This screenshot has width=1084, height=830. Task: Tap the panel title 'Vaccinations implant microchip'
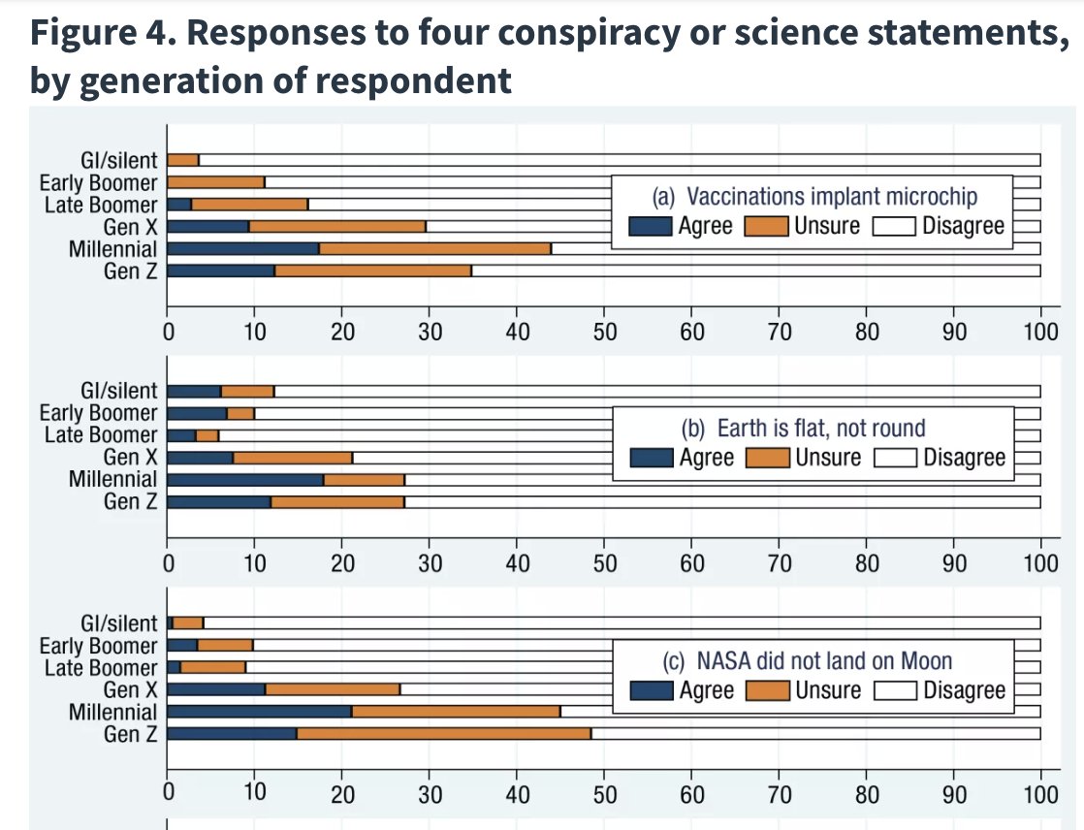tap(831, 197)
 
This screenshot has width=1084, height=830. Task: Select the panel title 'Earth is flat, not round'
tap(820, 428)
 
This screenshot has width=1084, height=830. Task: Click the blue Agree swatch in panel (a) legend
tap(651, 226)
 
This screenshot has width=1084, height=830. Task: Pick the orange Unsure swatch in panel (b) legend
tap(768, 458)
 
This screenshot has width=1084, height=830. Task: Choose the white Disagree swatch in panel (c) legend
tap(896, 690)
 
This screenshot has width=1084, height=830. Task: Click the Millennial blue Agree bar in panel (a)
tap(242, 249)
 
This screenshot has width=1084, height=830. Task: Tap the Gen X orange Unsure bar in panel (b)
tap(293, 458)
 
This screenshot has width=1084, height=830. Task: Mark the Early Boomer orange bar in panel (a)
tap(215, 182)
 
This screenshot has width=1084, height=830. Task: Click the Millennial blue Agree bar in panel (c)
tap(259, 712)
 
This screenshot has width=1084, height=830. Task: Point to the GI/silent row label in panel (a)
tap(118, 160)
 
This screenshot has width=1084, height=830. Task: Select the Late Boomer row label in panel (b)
tap(100, 435)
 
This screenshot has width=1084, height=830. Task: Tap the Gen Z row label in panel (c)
tap(130, 734)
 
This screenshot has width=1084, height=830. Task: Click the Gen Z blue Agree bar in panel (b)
tap(218, 501)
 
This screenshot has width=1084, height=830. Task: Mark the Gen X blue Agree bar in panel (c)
tap(216, 689)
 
